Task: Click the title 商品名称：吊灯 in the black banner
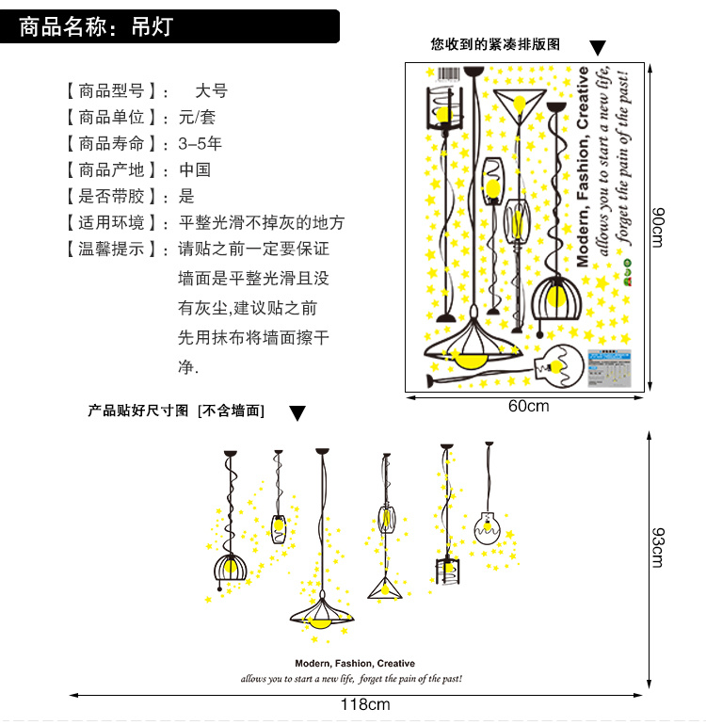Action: [96, 26]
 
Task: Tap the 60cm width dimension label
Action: [528, 407]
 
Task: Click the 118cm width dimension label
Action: [364, 704]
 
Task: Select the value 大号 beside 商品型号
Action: [211, 91]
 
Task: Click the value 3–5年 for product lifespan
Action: [201, 144]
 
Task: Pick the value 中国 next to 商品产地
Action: [195, 170]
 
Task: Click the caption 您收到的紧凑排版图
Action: [495, 44]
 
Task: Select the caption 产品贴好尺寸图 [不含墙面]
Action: [176, 411]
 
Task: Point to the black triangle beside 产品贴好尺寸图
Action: [297, 413]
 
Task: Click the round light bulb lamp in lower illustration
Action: [489, 529]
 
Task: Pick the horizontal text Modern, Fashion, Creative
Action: [354, 664]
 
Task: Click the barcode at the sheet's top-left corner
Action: [445, 74]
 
